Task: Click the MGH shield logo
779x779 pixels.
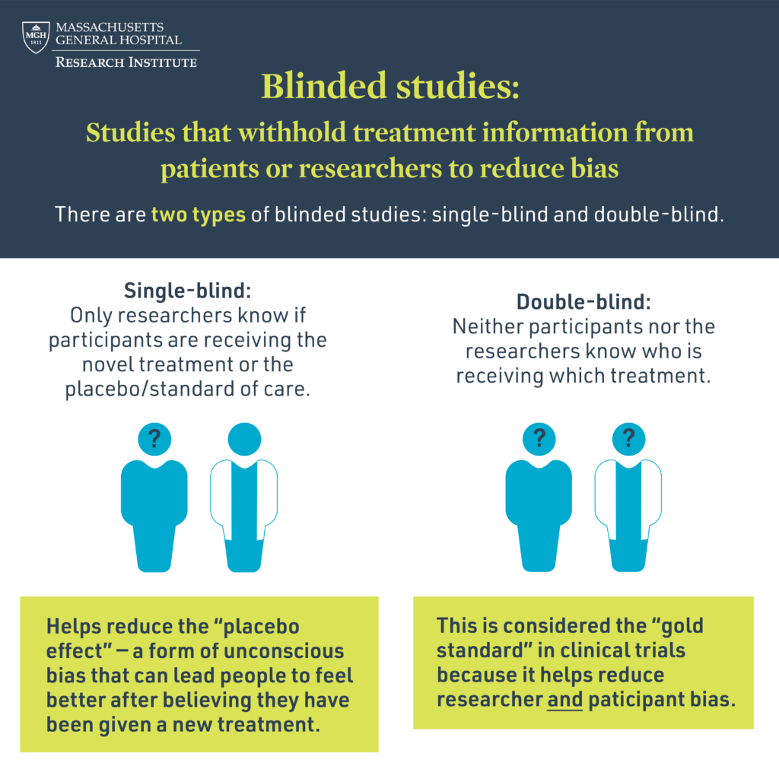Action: [36, 37]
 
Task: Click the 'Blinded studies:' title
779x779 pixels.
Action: [390, 85]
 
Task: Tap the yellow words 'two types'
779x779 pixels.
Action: [199, 215]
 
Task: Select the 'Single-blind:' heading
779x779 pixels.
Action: [187, 291]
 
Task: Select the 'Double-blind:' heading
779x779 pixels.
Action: [583, 301]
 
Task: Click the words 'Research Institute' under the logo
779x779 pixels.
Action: [126, 62]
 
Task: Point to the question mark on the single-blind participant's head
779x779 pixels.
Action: [154, 438]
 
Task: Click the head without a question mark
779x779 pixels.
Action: [244, 439]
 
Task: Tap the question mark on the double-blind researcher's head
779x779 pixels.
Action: [628, 438]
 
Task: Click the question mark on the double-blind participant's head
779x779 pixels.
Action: [539, 438]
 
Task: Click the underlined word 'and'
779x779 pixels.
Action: [564, 700]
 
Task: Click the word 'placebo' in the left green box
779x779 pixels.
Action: [262, 627]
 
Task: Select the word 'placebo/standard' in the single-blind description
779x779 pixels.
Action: [150, 389]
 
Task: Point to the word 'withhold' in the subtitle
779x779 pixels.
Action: [291, 132]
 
